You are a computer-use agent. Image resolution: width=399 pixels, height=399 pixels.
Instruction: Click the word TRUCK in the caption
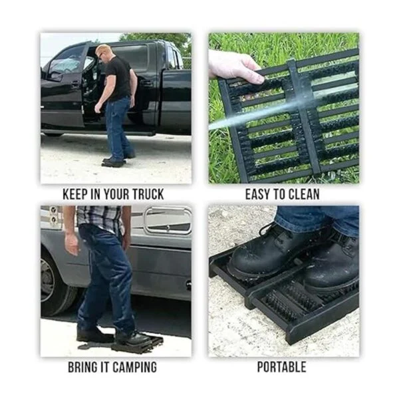click(148, 194)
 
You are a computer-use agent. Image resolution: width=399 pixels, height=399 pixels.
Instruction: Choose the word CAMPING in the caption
click(134, 367)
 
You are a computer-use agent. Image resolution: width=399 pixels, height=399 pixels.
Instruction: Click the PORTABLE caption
click(282, 367)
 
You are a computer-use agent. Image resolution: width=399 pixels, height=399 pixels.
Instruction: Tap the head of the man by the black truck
click(102, 52)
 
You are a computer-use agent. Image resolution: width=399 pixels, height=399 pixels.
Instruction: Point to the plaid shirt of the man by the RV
click(100, 218)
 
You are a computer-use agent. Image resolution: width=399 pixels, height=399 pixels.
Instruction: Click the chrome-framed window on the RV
click(168, 220)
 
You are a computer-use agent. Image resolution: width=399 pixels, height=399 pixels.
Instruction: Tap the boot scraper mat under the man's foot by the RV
click(138, 344)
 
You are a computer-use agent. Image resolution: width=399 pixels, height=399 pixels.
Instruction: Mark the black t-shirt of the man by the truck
click(118, 77)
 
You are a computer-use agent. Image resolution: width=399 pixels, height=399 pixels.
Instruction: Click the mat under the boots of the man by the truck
click(114, 163)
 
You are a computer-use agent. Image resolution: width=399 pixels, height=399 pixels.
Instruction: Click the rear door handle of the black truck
click(145, 82)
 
